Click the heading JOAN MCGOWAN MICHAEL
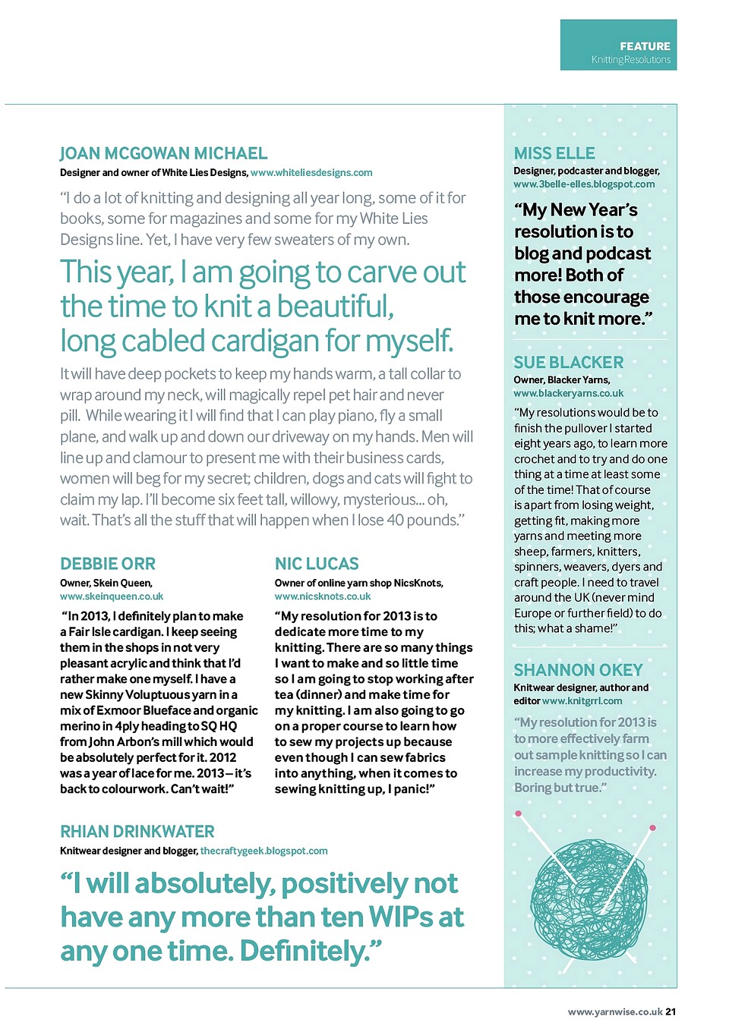163,153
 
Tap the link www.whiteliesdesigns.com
311,173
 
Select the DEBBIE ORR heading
108,564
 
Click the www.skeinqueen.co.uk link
112,596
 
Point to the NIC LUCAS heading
317,564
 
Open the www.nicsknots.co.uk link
323,596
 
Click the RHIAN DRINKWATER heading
137,832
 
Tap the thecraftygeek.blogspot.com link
264,851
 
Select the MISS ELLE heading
554,153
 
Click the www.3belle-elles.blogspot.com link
584,184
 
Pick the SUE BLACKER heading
568,363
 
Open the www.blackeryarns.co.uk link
568,394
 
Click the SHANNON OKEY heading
578,670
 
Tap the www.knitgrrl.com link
582,701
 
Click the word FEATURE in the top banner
645,46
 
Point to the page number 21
671,1011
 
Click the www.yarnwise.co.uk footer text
615,1011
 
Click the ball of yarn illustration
589,900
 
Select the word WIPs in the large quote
402,917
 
